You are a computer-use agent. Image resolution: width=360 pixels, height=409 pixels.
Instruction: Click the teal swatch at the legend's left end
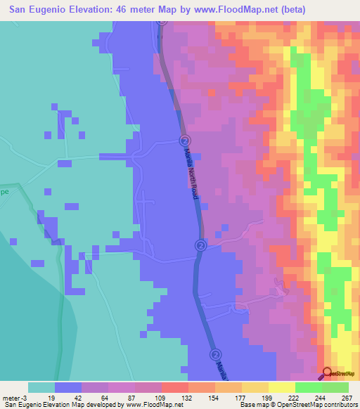tap(41, 387)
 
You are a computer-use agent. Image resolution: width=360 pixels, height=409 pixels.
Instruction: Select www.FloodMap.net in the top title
tap(238, 8)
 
